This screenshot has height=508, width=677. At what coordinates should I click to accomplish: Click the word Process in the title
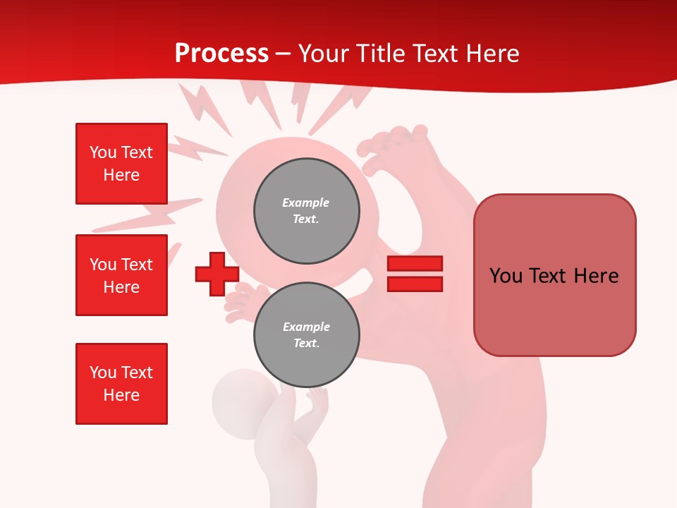221,54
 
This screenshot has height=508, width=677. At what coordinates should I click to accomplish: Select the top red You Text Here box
121,164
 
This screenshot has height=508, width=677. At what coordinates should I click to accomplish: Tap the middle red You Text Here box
121,275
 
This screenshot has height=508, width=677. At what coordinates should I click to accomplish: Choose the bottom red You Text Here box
121,384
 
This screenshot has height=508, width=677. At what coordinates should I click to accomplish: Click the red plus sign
217,274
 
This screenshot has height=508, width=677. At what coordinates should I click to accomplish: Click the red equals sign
415,274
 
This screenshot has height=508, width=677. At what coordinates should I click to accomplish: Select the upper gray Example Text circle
307,211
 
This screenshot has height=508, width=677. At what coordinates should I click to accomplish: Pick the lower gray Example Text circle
307,335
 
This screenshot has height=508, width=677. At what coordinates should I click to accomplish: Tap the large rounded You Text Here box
554,275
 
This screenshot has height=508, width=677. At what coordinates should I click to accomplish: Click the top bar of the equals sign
415,264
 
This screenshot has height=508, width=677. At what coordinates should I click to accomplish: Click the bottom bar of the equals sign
415,284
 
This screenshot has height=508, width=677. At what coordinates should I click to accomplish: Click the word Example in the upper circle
305,202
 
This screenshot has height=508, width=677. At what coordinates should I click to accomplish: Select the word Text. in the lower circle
306,344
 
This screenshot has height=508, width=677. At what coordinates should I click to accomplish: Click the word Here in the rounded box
596,276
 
